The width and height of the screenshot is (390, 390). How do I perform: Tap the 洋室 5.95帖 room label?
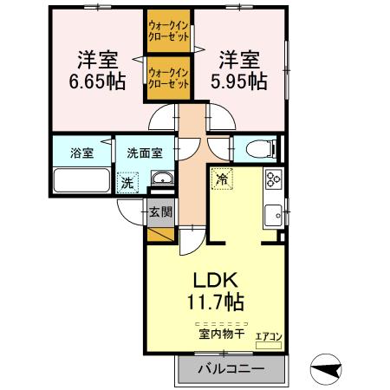coord(237,70)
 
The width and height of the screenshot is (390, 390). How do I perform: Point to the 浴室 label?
coord(82,153)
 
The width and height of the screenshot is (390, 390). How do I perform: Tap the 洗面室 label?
coord(144,153)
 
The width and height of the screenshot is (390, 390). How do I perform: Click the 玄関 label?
coord(160,211)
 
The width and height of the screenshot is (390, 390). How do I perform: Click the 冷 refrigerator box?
coord(222,180)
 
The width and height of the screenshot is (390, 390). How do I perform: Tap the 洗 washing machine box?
coord(127,184)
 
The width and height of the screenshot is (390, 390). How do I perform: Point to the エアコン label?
coord(269,335)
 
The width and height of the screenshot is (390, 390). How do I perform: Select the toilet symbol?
coord(259,150)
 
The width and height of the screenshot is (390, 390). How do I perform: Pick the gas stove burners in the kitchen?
coord(274,180)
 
